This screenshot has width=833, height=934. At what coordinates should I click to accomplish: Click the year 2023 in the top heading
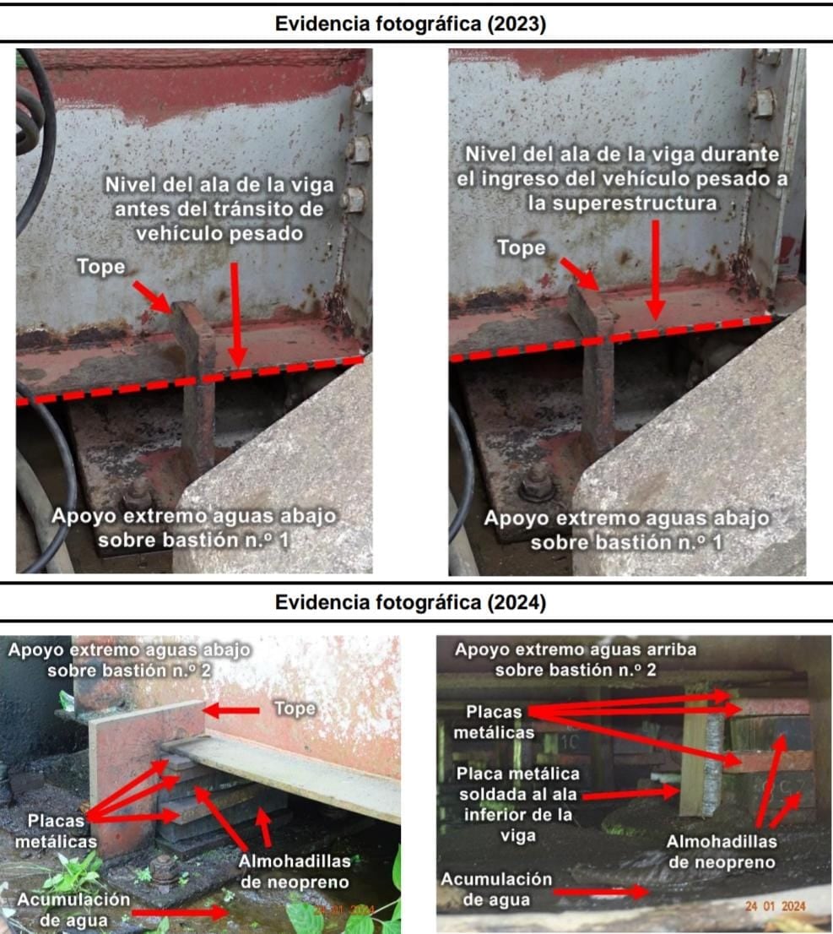(517, 24)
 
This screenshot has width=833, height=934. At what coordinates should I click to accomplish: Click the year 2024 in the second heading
(517, 603)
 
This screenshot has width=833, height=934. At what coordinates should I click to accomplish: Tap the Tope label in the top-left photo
(101, 266)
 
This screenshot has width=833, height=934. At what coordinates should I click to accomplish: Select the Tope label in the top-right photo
(521, 247)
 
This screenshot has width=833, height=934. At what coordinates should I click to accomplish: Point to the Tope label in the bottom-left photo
(295, 709)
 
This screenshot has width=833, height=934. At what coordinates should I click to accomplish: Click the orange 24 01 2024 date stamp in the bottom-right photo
(775, 906)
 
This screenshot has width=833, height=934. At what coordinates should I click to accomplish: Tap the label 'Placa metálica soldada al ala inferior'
(517, 804)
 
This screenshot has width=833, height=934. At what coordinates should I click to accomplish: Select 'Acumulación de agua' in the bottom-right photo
(496, 889)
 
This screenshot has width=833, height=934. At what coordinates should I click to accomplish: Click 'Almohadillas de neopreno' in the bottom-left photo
(295, 872)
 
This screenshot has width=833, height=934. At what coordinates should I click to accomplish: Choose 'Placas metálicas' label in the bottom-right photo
(494, 722)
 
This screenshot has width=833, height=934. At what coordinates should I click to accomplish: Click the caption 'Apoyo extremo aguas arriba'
(576, 649)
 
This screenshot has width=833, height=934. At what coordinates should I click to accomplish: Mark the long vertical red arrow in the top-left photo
(236, 314)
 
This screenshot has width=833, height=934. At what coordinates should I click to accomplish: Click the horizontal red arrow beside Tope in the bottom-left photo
(231, 710)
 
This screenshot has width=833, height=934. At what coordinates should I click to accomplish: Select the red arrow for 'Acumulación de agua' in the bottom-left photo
(180, 912)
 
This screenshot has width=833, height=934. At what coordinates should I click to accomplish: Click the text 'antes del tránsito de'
(219, 209)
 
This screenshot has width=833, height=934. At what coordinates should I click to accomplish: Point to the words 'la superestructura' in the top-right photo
(622, 204)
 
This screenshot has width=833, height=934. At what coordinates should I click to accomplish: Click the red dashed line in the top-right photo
(610, 339)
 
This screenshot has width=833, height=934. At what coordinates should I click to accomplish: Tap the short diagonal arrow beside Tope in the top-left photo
(153, 297)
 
